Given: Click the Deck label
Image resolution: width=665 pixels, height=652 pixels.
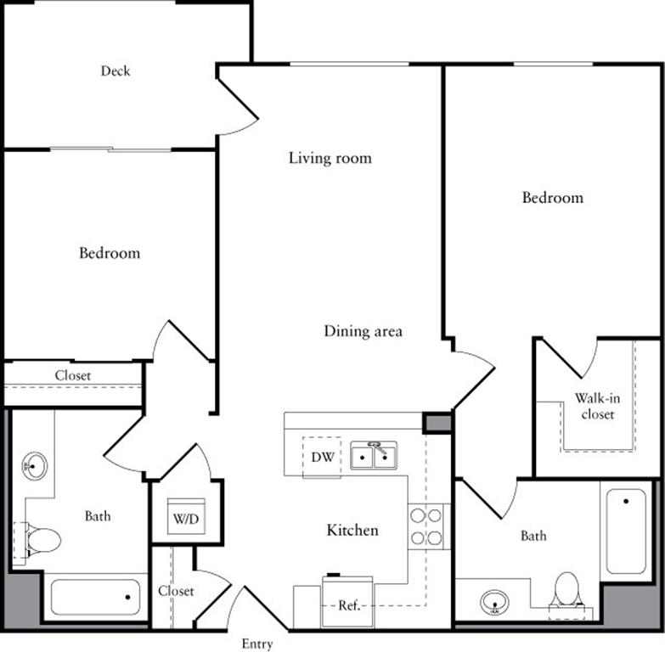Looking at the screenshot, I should tap(116, 71).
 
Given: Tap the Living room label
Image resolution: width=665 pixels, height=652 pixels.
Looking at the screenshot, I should tap(330, 158).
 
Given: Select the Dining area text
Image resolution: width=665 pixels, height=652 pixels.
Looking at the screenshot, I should tap(363, 331).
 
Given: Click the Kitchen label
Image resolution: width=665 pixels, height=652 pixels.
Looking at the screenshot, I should tap(352, 531).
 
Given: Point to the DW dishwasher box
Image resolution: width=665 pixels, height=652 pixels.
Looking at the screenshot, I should tap(322, 458).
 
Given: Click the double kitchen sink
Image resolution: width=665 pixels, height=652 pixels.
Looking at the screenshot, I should tap(374, 457).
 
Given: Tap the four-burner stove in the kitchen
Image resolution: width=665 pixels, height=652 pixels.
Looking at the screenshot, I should tap(426, 526).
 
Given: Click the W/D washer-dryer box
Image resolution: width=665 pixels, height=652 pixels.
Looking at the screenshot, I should tap(186, 516).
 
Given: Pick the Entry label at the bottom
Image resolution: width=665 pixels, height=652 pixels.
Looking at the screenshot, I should tap(257, 644).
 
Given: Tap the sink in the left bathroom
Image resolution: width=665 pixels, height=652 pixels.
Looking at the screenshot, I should tap(35, 465).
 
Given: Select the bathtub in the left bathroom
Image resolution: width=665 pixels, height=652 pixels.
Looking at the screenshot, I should tap(95, 598).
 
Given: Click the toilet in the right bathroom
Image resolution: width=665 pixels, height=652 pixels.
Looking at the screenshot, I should tap(566, 590).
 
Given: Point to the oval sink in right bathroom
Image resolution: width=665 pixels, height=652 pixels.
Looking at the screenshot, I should tap(494, 603).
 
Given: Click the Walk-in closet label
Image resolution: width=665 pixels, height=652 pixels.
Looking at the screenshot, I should tap(595, 406).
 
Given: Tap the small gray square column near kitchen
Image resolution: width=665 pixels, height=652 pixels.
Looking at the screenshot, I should tap(437, 422).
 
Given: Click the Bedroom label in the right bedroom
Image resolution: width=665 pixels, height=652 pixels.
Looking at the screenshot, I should tap(552, 198).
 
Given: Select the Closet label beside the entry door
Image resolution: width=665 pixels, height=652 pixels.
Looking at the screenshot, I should tap(176, 591).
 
